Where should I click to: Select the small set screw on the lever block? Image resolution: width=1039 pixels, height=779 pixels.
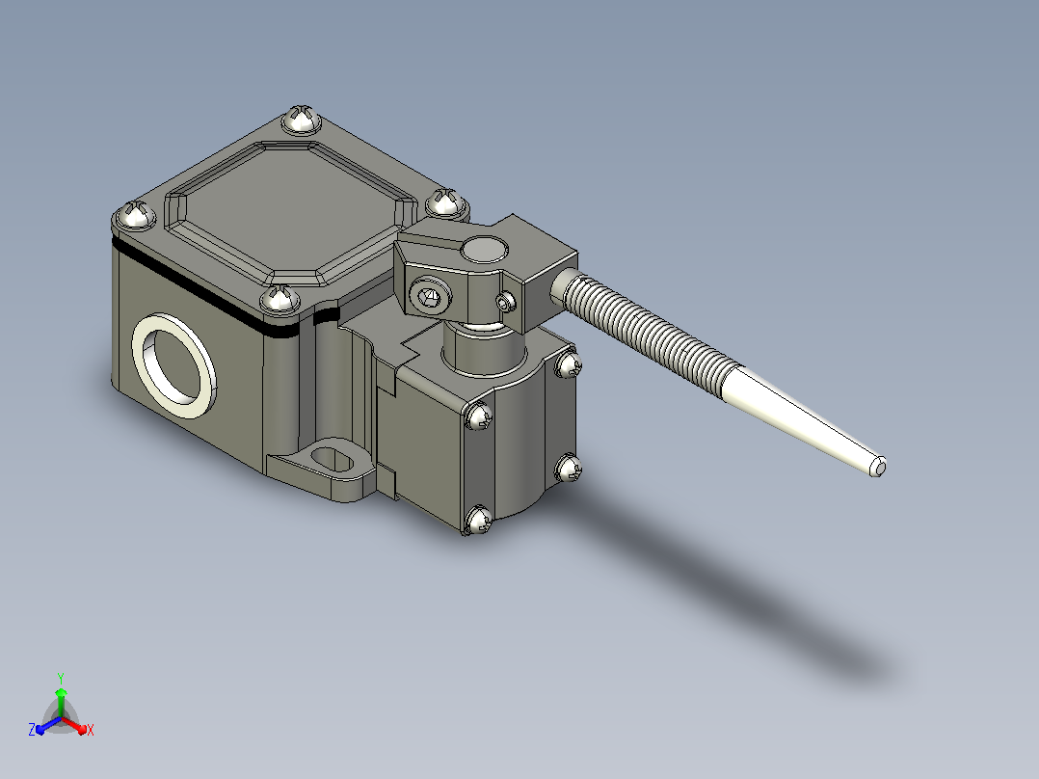coord(507,303)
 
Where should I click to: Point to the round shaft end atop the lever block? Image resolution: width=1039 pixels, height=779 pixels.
coord(485,250)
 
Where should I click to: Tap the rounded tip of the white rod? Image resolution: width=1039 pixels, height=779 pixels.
coord(878,468)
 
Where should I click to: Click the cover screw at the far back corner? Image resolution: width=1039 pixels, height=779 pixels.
coord(302,120)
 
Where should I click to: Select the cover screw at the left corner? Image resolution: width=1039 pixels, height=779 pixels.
coord(135,215)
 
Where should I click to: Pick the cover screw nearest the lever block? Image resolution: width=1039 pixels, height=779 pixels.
coord(446,202)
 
